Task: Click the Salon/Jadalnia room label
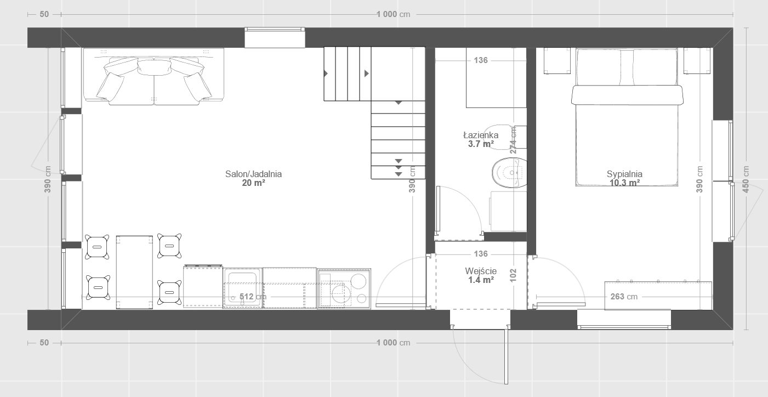click(x=253, y=174)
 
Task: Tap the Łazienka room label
click(x=481, y=135)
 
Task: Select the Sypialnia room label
click(x=624, y=174)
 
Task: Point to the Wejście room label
click(x=481, y=271)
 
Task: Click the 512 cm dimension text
click(x=253, y=297)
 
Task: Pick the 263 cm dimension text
click(x=624, y=297)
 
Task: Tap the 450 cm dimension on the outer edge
click(x=746, y=179)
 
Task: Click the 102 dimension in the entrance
click(x=513, y=275)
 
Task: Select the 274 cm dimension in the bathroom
click(x=513, y=140)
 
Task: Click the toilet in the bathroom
click(x=509, y=172)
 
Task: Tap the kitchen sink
click(x=243, y=288)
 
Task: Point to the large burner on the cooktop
click(x=359, y=282)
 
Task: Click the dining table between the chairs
click(x=134, y=272)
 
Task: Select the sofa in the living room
click(x=153, y=76)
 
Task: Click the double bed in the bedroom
click(x=627, y=117)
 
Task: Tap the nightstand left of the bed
click(x=557, y=61)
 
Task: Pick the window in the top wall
click(x=275, y=38)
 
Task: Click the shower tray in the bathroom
click(x=496, y=78)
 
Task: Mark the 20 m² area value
click(x=253, y=183)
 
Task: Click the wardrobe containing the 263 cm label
click(x=658, y=296)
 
